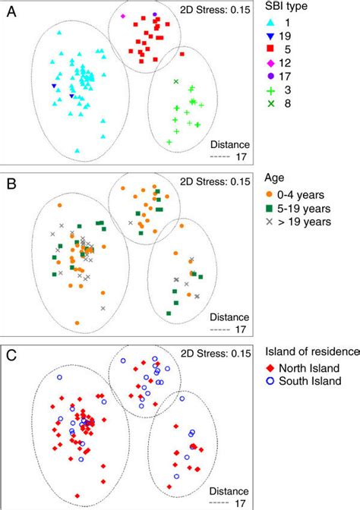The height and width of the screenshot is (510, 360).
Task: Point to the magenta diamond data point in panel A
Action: pyautogui.click(x=122, y=16)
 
